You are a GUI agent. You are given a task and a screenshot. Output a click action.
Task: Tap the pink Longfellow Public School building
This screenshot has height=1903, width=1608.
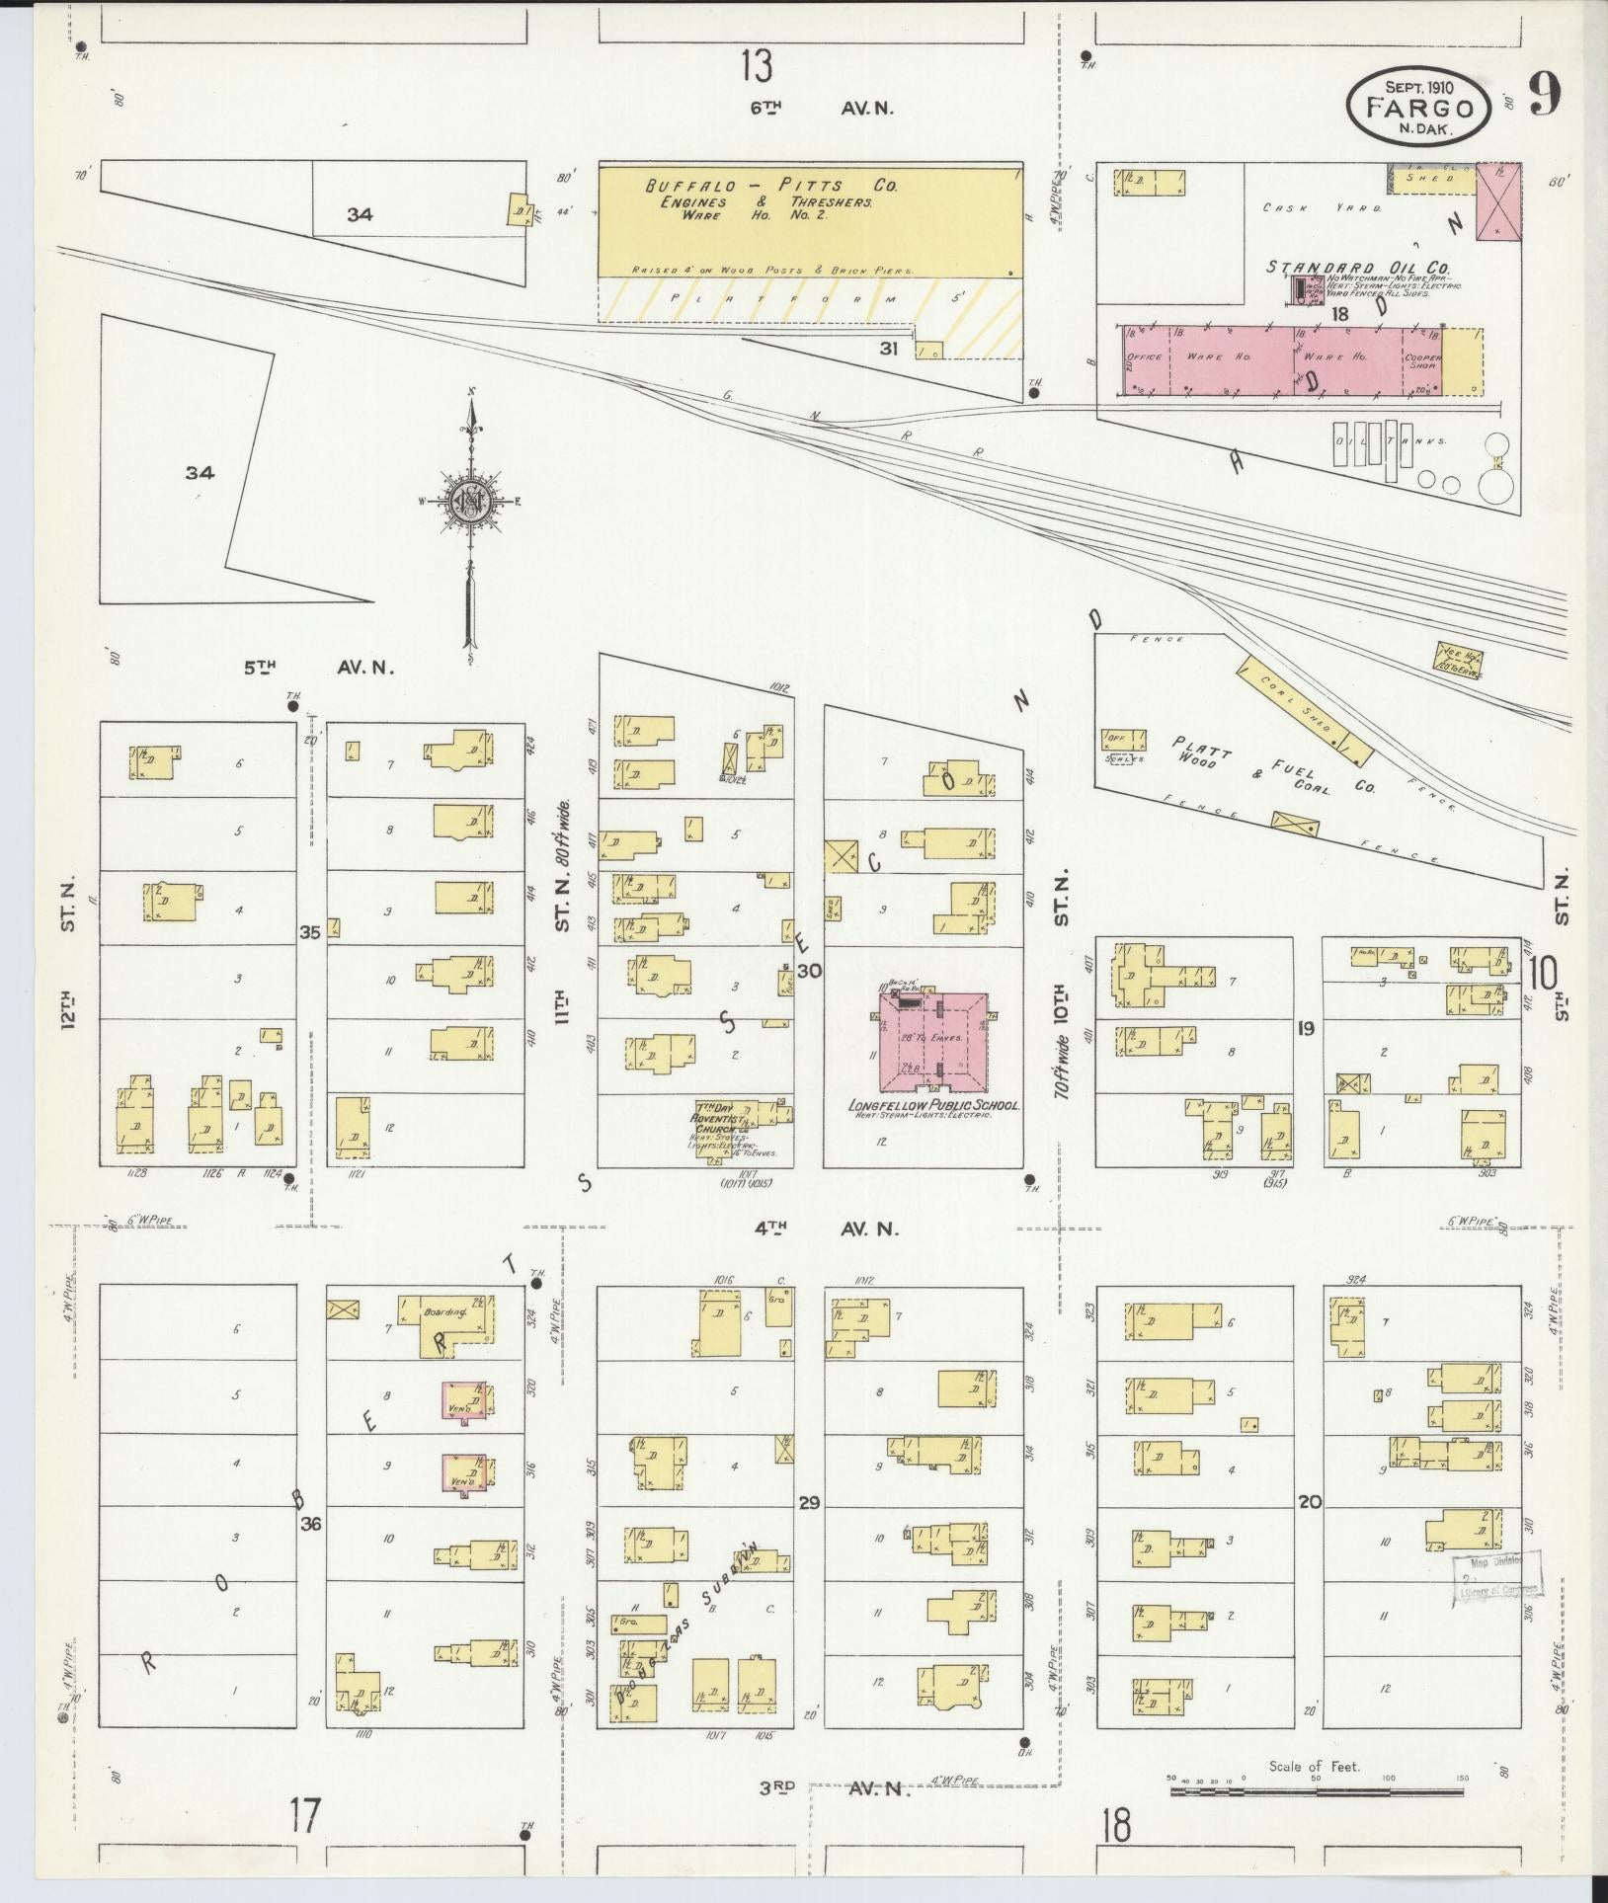(933, 1038)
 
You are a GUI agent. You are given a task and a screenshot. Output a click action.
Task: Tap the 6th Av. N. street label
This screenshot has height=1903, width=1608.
(821, 110)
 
